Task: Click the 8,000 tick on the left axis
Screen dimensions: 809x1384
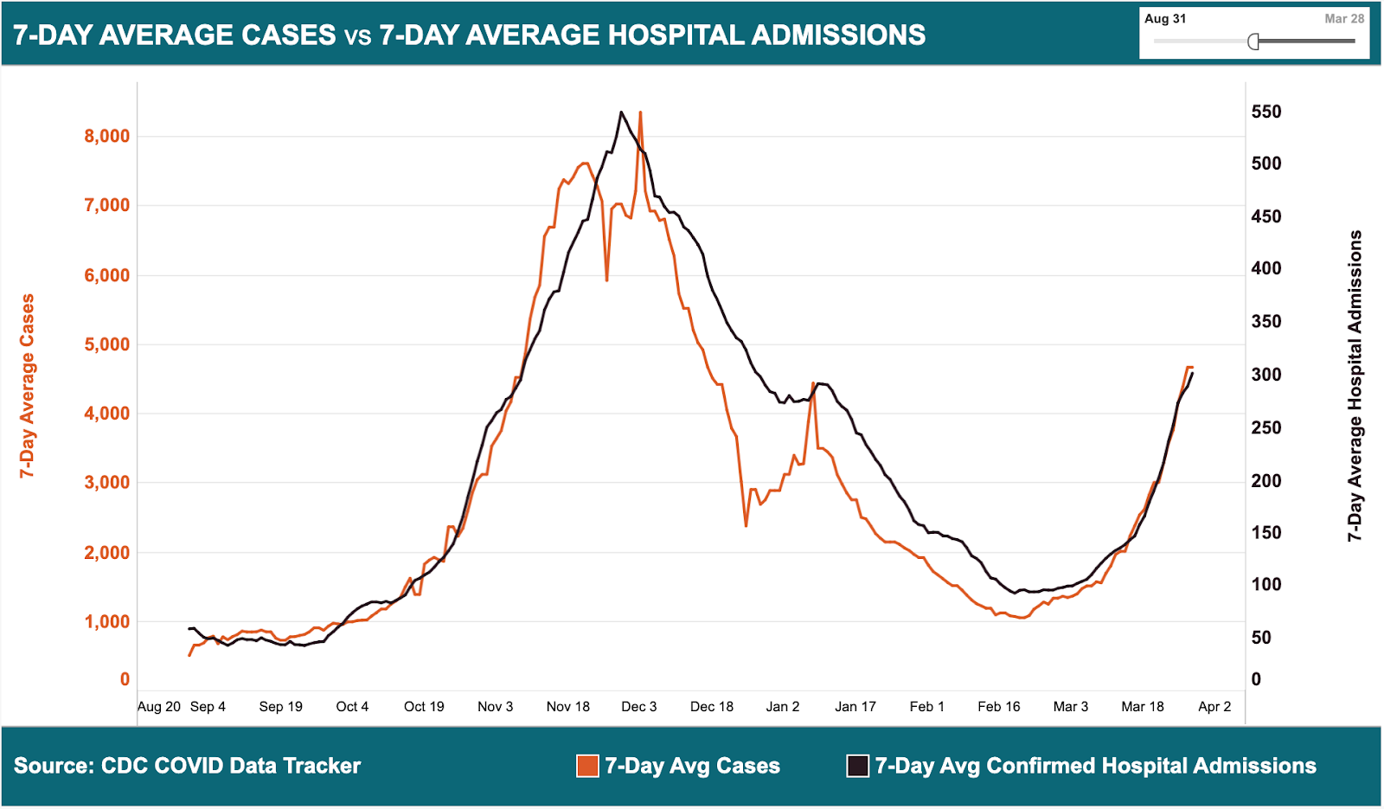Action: coord(106,136)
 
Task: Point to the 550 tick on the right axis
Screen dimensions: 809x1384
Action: coord(1266,112)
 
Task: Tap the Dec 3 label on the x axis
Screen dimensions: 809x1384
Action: coord(638,707)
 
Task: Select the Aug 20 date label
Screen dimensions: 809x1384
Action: coord(159,707)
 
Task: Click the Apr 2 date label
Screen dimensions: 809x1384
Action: coord(1214,707)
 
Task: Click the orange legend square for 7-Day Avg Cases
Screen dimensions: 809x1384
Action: coord(587,766)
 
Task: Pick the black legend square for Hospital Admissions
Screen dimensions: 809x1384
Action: coord(857,766)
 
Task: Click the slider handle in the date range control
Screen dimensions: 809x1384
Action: coord(1253,42)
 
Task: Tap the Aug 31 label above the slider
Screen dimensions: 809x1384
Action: coord(1165,19)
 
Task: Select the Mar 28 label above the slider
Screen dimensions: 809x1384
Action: coord(1344,19)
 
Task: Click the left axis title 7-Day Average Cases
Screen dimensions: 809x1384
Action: coord(28,385)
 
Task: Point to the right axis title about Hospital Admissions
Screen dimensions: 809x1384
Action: coord(1355,385)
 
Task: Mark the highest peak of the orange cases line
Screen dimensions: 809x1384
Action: coord(640,112)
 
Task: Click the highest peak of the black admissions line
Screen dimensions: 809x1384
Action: coord(621,112)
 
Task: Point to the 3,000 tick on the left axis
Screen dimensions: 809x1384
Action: coord(106,483)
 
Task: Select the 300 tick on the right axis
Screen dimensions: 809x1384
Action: coord(1266,375)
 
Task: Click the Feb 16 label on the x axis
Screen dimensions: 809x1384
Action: coord(998,707)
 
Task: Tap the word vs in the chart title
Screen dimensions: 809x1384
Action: coord(357,36)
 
